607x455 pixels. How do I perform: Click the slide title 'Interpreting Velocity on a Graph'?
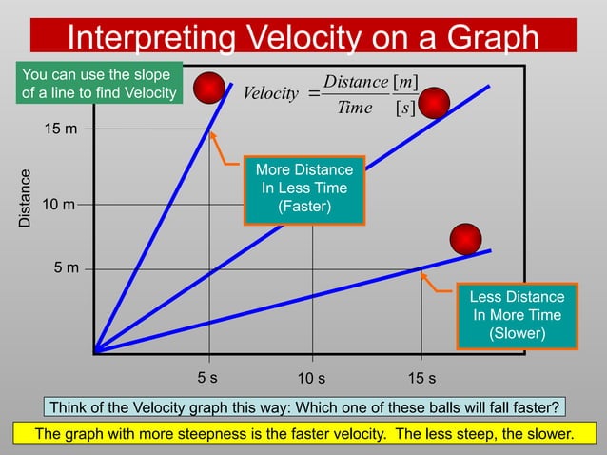(303, 37)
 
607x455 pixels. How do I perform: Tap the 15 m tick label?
(61, 129)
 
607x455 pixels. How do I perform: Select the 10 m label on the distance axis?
(61, 205)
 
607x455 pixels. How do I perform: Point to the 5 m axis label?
(66, 268)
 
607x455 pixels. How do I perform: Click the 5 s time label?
(206, 377)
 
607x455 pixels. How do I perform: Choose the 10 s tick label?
(311, 378)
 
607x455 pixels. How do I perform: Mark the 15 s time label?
(421, 378)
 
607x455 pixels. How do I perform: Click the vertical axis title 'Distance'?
(27, 198)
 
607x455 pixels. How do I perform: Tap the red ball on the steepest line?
(209, 88)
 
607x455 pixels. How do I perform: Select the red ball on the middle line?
(435, 103)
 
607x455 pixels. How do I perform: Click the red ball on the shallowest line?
(466, 239)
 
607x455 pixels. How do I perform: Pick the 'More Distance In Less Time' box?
(303, 189)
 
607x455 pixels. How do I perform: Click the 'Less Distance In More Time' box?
(517, 315)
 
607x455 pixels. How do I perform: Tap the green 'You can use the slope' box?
(99, 84)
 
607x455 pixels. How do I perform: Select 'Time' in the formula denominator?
(354, 108)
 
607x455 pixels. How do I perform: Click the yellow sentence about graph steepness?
(303, 434)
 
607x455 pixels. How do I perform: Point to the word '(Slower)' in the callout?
(517, 333)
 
